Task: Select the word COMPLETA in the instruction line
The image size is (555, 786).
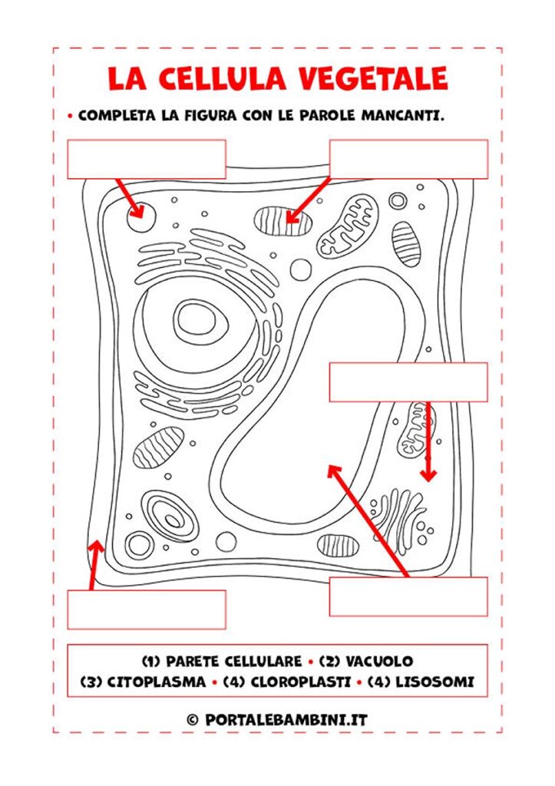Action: (x=117, y=115)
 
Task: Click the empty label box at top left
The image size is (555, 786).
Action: (x=147, y=160)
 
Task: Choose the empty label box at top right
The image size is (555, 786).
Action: (x=408, y=160)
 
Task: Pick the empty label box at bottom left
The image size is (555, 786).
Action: (x=147, y=609)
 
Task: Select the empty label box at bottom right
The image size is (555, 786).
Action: (x=408, y=596)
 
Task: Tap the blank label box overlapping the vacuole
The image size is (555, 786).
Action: (x=408, y=382)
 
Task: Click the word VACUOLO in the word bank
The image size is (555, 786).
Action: (x=379, y=661)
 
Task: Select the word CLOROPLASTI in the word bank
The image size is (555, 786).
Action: (x=300, y=682)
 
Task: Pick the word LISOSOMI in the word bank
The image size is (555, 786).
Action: (x=434, y=682)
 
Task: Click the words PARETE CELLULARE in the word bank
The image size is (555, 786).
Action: (x=233, y=661)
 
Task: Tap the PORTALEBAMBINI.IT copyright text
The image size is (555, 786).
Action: (x=286, y=720)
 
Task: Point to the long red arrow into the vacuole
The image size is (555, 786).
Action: (x=368, y=521)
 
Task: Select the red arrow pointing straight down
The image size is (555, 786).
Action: (x=428, y=441)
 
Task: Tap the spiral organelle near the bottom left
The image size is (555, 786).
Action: (x=168, y=517)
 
